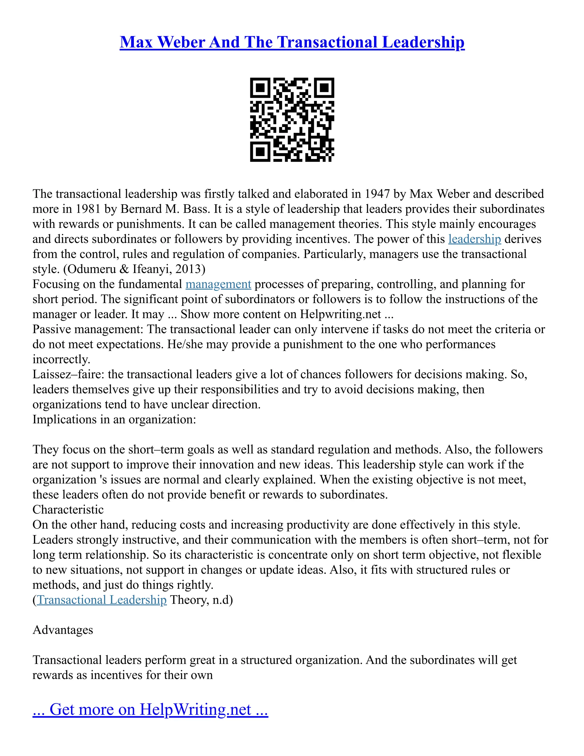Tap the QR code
pyautogui.click(x=292, y=120)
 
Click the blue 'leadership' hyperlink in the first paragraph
pyautogui.click(x=474, y=239)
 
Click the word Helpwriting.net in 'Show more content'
pyautogui.click(x=340, y=314)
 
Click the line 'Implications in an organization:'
pyautogui.click(x=114, y=420)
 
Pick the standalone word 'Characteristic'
pyautogui.click(x=68, y=510)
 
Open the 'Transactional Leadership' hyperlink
pyautogui.click(x=102, y=600)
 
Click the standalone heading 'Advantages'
pyautogui.click(x=63, y=630)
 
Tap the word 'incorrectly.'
pyautogui.click(x=61, y=359)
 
